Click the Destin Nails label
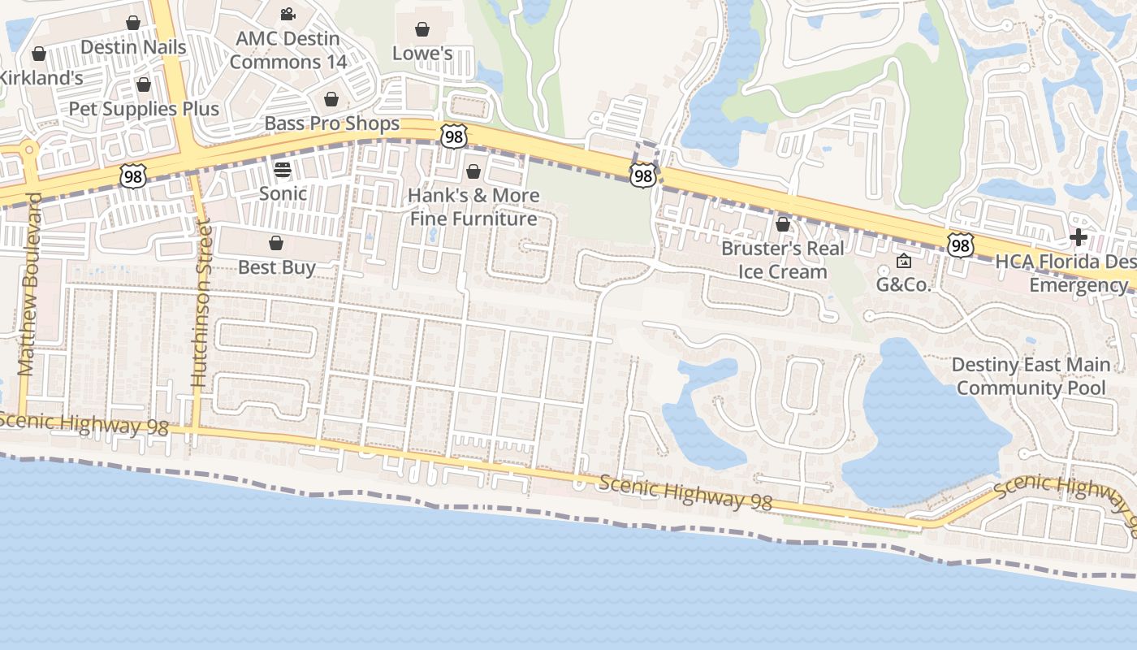pos(133,47)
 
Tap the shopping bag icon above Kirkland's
pos(39,54)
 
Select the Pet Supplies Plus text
pos(144,109)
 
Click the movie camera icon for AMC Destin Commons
pos(287,14)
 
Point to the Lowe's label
pos(422,53)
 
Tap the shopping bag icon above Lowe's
pos(422,30)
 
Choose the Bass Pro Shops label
pos(332,123)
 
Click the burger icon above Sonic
pos(283,170)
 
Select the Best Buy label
pos(276,267)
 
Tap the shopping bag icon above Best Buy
pos(276,243)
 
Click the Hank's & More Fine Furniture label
pos(473,207)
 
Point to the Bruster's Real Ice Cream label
pos(782,260)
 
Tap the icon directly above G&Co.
pos(903,262)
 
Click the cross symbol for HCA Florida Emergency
pos(1079,237)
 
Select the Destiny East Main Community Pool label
pos(1031,376)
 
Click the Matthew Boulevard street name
pos(28,284)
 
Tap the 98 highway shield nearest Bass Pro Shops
pos(454,136)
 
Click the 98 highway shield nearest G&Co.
pos(960,244)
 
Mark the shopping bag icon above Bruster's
pos(783,224)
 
